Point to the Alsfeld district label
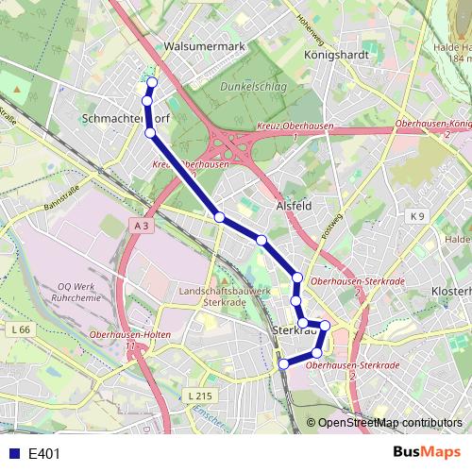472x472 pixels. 293,204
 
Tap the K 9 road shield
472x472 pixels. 417,216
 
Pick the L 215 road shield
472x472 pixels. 196,395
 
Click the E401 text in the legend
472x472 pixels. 44,453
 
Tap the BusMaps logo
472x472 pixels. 427,452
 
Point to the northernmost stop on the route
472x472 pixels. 152,82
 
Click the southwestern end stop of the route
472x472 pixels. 282,363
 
